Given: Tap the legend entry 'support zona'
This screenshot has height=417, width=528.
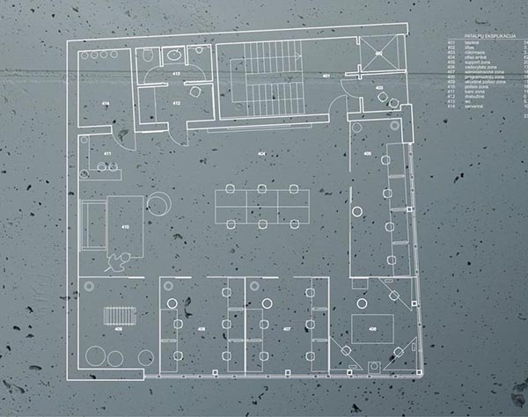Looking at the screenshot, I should coord(475,61).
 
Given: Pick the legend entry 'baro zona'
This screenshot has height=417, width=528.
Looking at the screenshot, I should coord(471,91).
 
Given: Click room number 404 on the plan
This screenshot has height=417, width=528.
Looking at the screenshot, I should coord(260,154).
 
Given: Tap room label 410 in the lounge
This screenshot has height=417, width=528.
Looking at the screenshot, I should coord(125,228).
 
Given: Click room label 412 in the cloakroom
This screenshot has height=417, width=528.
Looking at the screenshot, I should coord(176,104).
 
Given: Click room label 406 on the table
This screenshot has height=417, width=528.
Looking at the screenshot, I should coord(373,329).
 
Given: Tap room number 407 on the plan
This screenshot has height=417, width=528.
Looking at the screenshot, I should coord(287,330).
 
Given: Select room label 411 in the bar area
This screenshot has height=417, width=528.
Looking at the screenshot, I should coord(107,155).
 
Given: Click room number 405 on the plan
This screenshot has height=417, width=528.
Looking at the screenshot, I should coord(366,155).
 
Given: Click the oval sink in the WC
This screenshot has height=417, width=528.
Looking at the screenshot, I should coord(150,55).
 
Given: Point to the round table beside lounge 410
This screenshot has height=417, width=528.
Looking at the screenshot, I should coord(158,203).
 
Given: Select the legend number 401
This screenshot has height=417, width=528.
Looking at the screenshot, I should coord(450,40).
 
